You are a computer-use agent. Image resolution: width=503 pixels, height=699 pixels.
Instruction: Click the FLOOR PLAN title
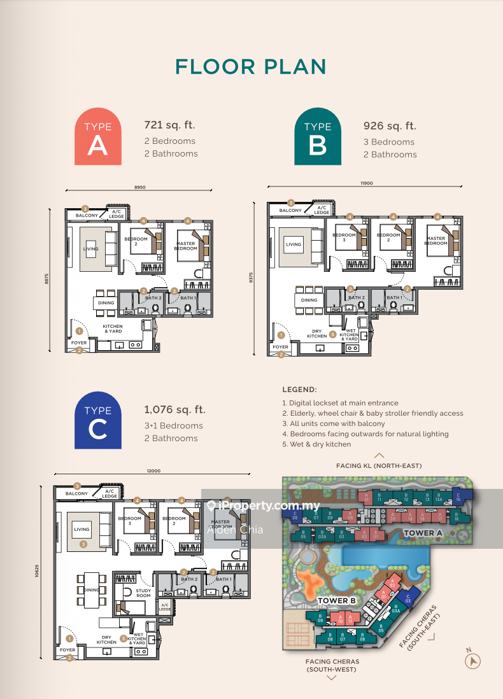tap(250, 67)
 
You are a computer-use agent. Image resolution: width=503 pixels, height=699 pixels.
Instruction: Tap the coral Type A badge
tap(97, 136)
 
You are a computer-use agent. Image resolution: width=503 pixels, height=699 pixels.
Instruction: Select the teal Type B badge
tap(317, 136)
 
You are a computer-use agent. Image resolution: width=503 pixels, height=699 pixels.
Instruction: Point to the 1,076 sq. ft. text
tap(175, 410)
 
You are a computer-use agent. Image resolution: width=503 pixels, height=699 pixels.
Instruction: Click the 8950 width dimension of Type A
tap(141, 187)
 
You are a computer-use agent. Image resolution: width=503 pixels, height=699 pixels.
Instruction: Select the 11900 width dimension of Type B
tap(366, 183)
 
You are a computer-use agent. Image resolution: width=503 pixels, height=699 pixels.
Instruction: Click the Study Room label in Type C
tap(144, 593)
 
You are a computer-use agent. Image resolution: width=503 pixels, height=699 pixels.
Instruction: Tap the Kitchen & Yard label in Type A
tap(113, 328)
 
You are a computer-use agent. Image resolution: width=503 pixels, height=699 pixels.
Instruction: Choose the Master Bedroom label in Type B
tap(436, 240)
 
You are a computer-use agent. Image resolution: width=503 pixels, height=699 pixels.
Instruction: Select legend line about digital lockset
tap(340, 403)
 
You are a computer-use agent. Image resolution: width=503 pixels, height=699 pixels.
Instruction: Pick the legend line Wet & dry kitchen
tap(316, 444)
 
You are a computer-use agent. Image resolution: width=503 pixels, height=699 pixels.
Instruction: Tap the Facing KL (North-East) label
tap(379, 466)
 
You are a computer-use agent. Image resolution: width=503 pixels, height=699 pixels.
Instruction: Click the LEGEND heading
tap(299, 389)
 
